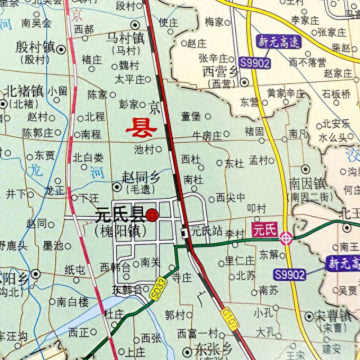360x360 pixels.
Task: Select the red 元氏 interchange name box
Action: coord(264,229)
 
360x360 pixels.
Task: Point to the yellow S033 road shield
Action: coord(158,288)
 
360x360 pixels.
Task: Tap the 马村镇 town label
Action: coord(125,38)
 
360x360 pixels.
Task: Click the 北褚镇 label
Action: coord(24,91)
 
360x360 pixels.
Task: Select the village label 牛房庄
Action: coord(207,135)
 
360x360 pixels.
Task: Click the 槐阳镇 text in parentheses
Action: coord(120,231)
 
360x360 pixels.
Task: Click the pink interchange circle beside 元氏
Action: coord(286,238)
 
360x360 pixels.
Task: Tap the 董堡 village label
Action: coord(191,116)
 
